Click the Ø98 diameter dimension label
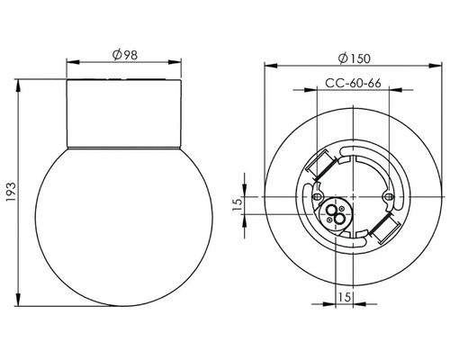tap(125, 55)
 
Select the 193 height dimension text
tap(12, 192)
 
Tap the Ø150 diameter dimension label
tap(354, 58)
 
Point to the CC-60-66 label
tap(353, 83)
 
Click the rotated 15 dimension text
tap(238, 205)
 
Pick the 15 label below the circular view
tap(345, 297)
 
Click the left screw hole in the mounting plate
tap(317, 196)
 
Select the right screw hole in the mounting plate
tap(389, 196)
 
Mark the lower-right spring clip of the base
tap(385, 228)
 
